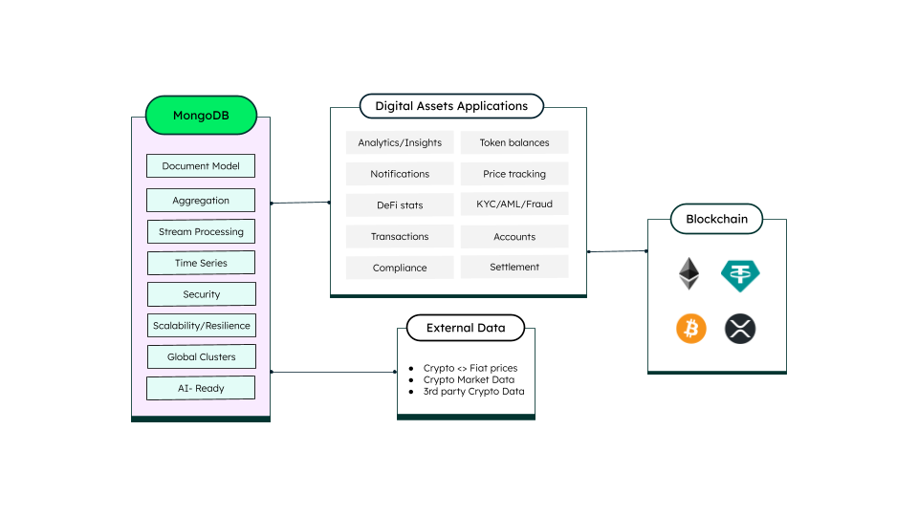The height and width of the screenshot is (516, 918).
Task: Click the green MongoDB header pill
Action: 201,116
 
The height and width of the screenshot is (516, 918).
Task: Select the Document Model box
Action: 201,166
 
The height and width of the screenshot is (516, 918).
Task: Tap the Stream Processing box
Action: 201,231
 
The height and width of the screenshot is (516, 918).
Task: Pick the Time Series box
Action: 201,263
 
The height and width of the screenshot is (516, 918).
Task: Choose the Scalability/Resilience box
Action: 201,326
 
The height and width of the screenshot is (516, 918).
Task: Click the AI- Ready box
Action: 201,388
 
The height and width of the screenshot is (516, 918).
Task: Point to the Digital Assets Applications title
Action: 451,106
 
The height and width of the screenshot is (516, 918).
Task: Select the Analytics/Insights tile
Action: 400,142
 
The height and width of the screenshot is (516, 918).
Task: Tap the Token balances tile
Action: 514,142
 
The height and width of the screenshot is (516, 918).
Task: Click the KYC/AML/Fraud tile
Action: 514,204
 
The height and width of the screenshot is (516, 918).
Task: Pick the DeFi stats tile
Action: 400,204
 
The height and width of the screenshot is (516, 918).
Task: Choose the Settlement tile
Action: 514,267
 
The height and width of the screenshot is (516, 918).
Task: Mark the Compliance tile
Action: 400,268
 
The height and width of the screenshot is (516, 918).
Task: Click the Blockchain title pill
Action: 716,219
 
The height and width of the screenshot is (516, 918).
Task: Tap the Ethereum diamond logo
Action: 688,274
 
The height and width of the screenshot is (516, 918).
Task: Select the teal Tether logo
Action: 740,275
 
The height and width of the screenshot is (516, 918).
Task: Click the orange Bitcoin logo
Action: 690,330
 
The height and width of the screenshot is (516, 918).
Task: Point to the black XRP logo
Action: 740,330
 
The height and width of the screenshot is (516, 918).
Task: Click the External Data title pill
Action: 466,328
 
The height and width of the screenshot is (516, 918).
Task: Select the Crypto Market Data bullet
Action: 469,379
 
